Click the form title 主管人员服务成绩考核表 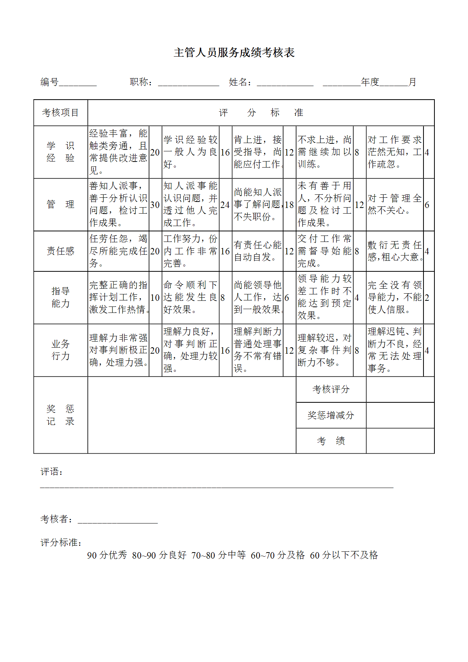(x=234, y=52)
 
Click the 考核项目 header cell (x=60, y=112)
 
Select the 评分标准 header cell (x=261, y=112)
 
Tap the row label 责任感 (x=60, y=251)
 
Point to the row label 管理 (x=60, y=205)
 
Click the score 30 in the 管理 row (x=155, y=205)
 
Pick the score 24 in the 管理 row (x=225, y=205)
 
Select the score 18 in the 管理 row (x=289, y=205)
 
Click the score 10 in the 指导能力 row (x=155, y=297)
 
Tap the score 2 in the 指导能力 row (x=427, y=297)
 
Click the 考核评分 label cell (x=331, y=389)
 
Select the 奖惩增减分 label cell (x=331, y=415)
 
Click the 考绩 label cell (x=331, y=441)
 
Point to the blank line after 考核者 (x=118, y=520)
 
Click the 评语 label (x=51, y=471)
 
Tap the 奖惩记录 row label (x=60, y=415)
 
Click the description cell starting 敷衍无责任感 (x=394, y=251)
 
